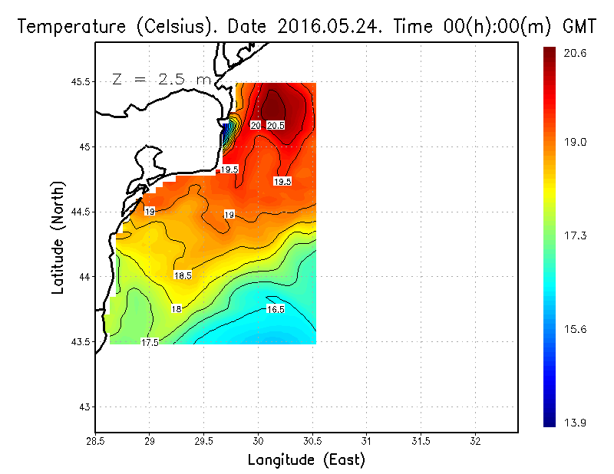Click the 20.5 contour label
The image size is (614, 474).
click(x=276, y=125)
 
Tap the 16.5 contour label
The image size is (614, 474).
click(x=276, y=309)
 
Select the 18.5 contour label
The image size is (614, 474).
click(x=183, y=275)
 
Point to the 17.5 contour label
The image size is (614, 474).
click(x=150, y=343)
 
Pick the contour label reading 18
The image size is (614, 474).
click(x=177, y=309)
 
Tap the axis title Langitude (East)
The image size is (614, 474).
click(x=306, y=460)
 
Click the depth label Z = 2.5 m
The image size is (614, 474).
click(x=161, y=79)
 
